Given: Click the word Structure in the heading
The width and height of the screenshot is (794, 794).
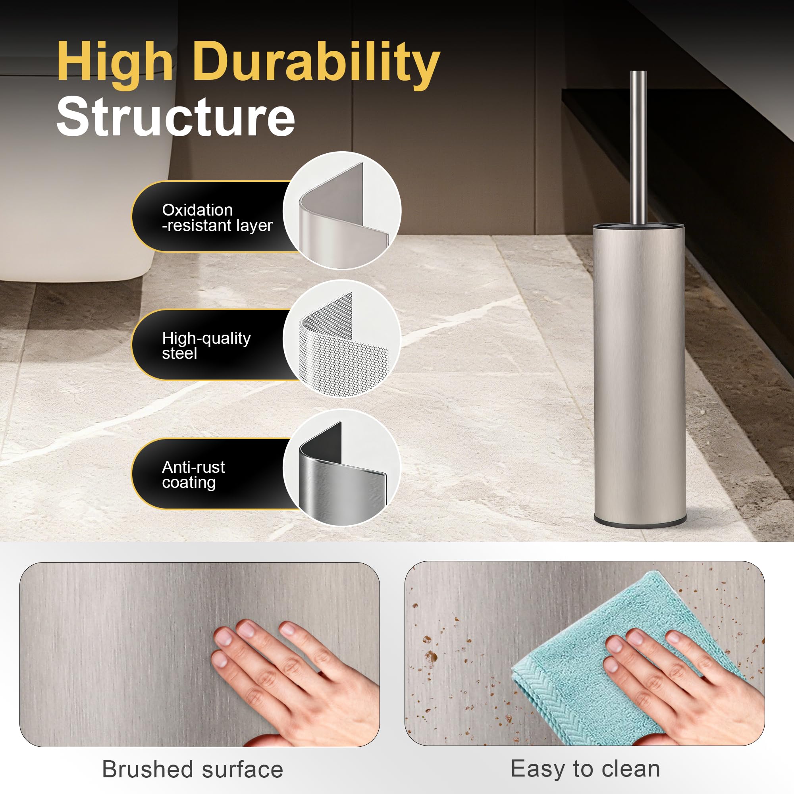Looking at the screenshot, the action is pyautogui.click(x=175, y=117).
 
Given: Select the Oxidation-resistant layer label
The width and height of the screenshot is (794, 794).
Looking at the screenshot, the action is pyautogui.click(x=217, y=218).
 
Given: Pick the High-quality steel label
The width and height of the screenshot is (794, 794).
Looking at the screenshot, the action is pyautogui.click(x=206, y=346).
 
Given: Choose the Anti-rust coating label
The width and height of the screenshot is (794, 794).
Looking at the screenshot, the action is pyautogui.click(x=193, y=475).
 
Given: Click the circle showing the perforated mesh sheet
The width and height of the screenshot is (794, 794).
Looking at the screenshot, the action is pyautogui.click(x=342, y=339).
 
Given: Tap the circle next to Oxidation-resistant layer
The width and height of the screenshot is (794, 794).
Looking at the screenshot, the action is pyautogui.click(x=342, y=210).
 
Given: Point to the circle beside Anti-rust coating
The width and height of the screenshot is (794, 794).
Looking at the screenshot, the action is pyautogui.click(x=342, y=468).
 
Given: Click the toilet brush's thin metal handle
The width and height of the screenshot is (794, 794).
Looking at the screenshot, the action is pyautogui.click(x=638, y=148).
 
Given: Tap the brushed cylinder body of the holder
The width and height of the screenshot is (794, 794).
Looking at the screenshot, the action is pyautogui.click(x=640, y=372).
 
